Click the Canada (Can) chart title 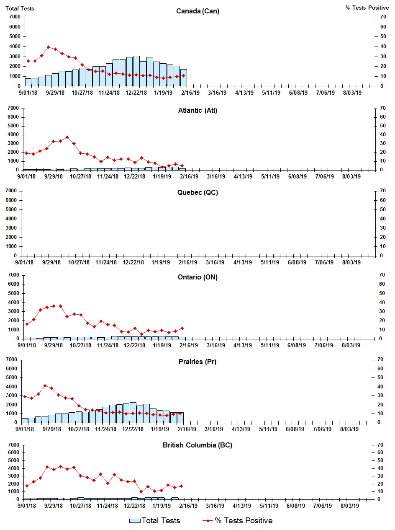tap(197, 11)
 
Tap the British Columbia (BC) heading tap(197, 445)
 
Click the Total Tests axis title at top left tap(20, 8)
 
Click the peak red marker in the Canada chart tap(48, 47)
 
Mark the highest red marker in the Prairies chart tap(45, 385)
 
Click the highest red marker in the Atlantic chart tap(67, 137)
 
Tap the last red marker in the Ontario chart tap(182, 328)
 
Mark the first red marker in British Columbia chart tap(27, 486)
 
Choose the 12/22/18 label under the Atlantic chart tap(134, 176)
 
